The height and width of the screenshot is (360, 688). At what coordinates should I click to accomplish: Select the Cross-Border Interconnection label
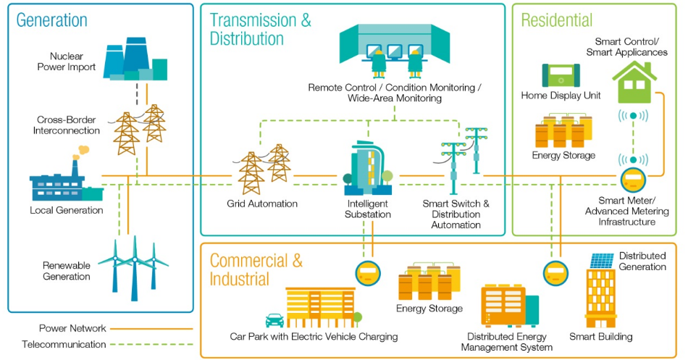[68, 125]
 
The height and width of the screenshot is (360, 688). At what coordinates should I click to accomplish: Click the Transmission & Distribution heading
[260, 29]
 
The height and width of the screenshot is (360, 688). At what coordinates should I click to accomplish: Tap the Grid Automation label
[261, 204]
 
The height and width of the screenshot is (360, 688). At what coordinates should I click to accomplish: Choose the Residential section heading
[556, 20]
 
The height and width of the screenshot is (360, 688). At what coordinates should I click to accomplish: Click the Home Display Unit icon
[561, 76]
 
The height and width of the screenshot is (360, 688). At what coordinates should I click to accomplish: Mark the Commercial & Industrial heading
[256, 269]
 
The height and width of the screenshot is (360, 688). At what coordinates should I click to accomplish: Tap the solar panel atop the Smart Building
[601, 260]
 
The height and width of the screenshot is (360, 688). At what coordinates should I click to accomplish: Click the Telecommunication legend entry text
[64, 345]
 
